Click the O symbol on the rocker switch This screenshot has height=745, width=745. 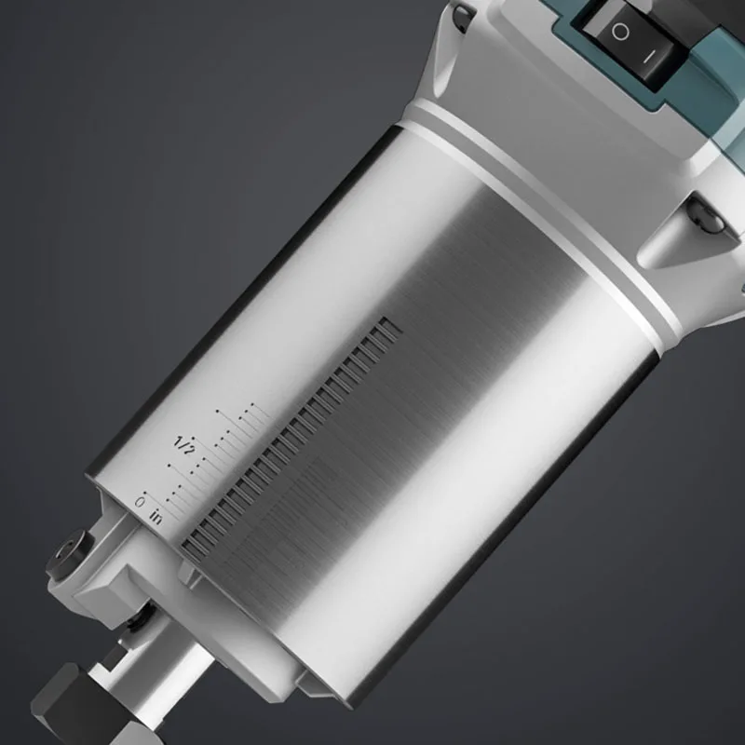point(620,33)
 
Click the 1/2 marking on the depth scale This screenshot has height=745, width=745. point(183,445)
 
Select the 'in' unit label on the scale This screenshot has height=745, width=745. point(156,517)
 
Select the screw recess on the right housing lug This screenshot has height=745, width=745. point(708,216)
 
